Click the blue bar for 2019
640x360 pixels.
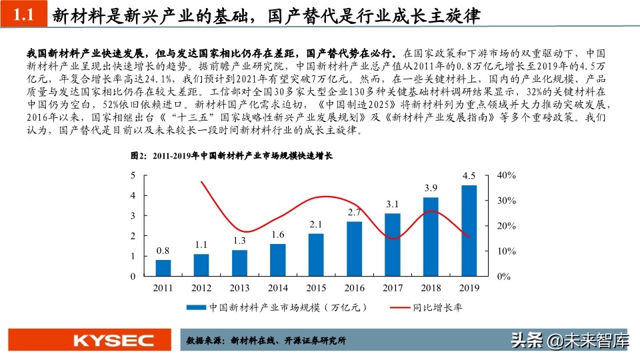(469, 231)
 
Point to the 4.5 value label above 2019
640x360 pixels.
(469, 176)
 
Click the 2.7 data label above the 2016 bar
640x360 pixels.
(354, 212)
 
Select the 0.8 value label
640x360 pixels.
(163, 251)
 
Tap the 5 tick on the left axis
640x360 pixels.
(133, 175)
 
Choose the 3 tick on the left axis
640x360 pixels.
(133, 215)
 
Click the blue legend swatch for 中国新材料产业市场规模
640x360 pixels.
(195, 308)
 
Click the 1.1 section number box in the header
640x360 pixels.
(23, 15)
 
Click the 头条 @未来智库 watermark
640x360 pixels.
(569, 341)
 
